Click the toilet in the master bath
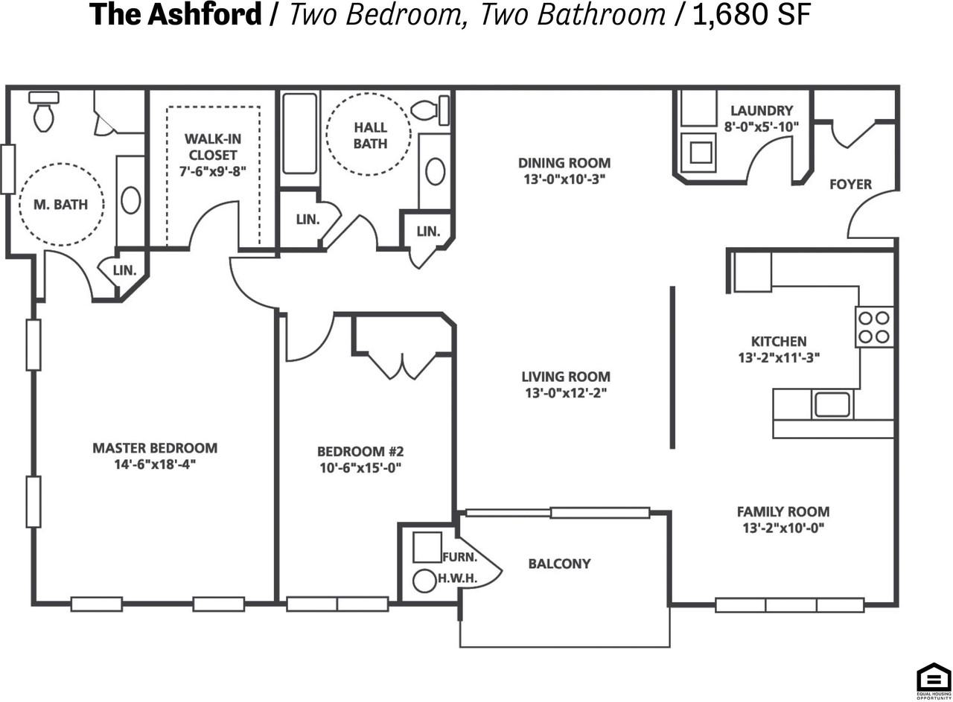tap(44, 112)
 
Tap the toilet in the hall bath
tap(430, 110)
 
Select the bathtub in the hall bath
tap(299, 133)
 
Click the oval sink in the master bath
tap(130, 200)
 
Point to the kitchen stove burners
tap(874, 327)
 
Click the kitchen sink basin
tap(832, 404)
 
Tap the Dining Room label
tap(564, 163)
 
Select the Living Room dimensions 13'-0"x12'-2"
tap(566, 393)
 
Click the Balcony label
tap(559, 564)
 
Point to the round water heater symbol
tap(424, 581)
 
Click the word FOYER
tap(850, 184)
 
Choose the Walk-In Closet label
tap(213, 147)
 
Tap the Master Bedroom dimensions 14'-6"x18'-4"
tap(155, 465)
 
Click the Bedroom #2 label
tap(360, 451)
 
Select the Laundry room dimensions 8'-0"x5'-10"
tap(762, 127)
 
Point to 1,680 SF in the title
tap(752, 14)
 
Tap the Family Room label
tap(783, 511)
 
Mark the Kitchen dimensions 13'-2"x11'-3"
tap(779, 358)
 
